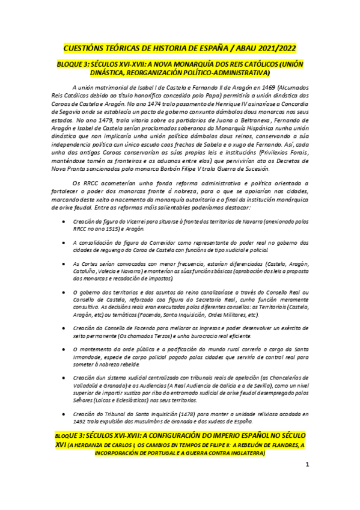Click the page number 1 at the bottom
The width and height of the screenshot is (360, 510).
pos(307,464)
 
